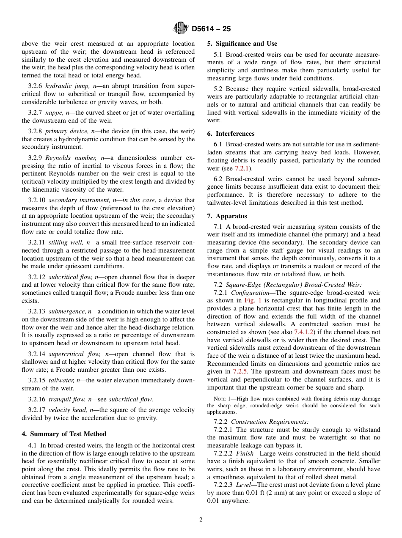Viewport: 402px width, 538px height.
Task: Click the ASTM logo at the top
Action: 181,29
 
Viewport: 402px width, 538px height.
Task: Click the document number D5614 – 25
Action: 211,29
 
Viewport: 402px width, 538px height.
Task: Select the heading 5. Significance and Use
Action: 242,44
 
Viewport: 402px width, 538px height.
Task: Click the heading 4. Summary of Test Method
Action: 64,434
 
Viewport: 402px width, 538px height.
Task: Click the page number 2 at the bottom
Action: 201,520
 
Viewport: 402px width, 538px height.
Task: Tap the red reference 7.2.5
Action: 240,372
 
